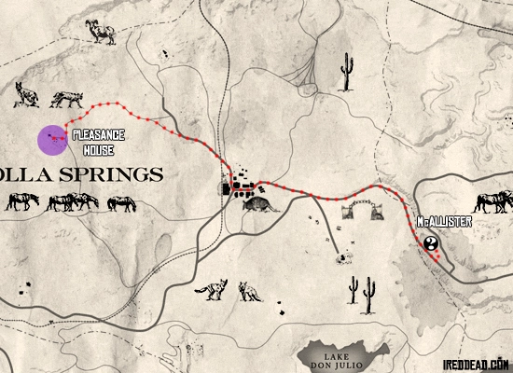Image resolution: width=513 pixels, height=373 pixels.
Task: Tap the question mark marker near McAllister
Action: coord(432,244)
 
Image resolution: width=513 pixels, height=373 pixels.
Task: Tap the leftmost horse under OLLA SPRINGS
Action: coord(22,201)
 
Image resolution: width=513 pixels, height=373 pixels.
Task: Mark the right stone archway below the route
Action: coord(379,211)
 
